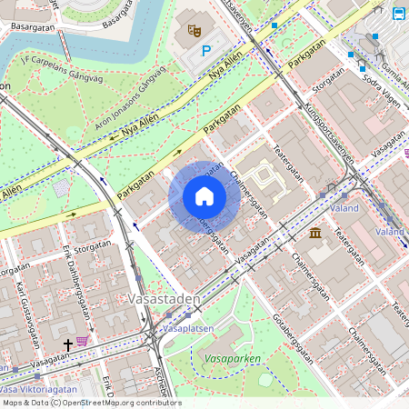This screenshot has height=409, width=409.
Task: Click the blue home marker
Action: pyautogui.click(x=204, y=197)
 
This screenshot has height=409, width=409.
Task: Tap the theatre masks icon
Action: pyautogui.click(x=193, y=29)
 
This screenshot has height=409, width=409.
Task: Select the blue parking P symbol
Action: pyautogui.click(x=206, y=52)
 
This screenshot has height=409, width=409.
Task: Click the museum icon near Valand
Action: pyautogui.click(x=314, y=234)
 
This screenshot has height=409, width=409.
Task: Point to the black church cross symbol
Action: pyautogui.click(x=67, y=345)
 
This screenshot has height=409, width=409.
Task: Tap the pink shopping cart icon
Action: pyautogui.click(x=83, y=341)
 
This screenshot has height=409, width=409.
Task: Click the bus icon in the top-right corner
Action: pyautogui.click(x=398, y=13)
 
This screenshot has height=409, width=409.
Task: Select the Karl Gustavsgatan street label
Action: pyautogui.click(x=27, y=304)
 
